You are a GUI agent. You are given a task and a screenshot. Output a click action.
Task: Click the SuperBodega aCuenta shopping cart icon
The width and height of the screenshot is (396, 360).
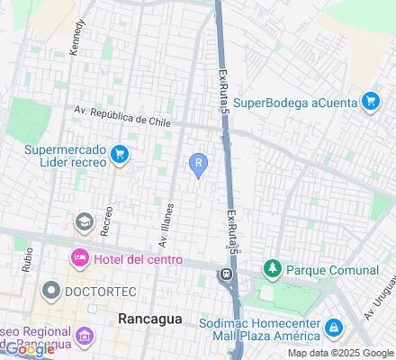tap(370, 101)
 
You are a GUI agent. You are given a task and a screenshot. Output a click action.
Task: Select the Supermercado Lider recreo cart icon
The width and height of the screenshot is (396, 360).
tap(118, 156)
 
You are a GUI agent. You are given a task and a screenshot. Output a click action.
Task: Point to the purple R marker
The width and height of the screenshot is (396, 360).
tap(198, 163)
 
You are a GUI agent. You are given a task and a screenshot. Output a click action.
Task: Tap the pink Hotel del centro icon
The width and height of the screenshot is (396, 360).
tap(79, 259)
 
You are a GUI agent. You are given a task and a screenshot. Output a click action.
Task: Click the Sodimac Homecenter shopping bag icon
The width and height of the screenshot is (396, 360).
tap(333, 326)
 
